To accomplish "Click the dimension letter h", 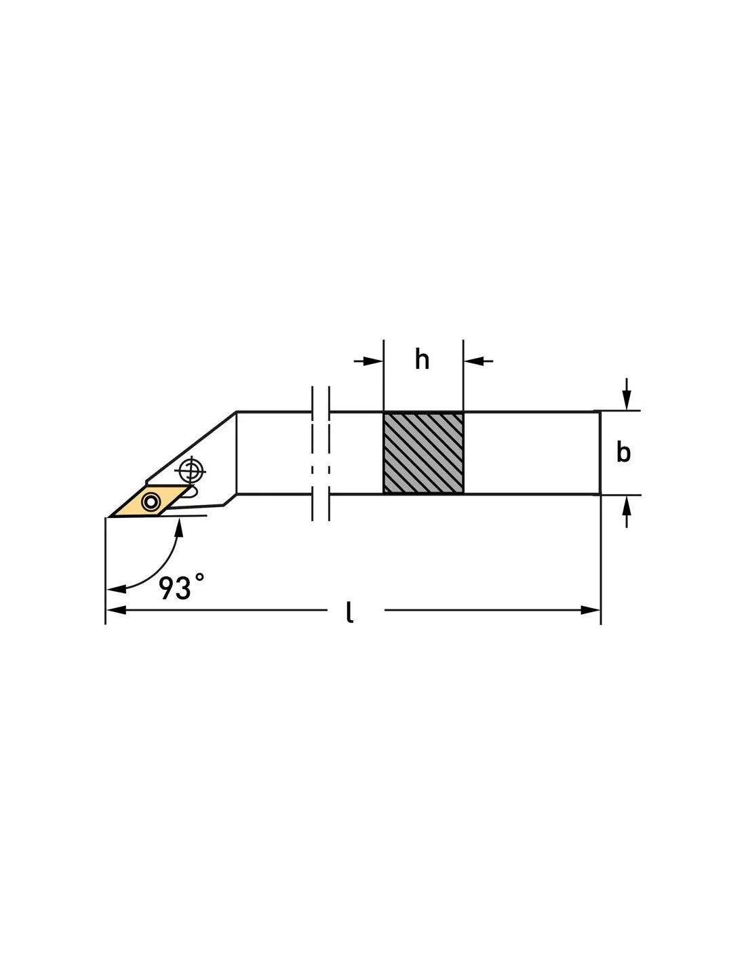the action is [x=422, y=359].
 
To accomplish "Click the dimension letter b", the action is [x=623, y=452].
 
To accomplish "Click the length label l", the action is [x=350, y=613].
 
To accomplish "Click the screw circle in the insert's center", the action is [x=151, y=502].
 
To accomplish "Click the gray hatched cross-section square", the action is [x=423, y=452].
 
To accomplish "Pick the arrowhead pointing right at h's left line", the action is [x=373, y=361].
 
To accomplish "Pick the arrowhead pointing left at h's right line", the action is [x=473, y=361].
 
